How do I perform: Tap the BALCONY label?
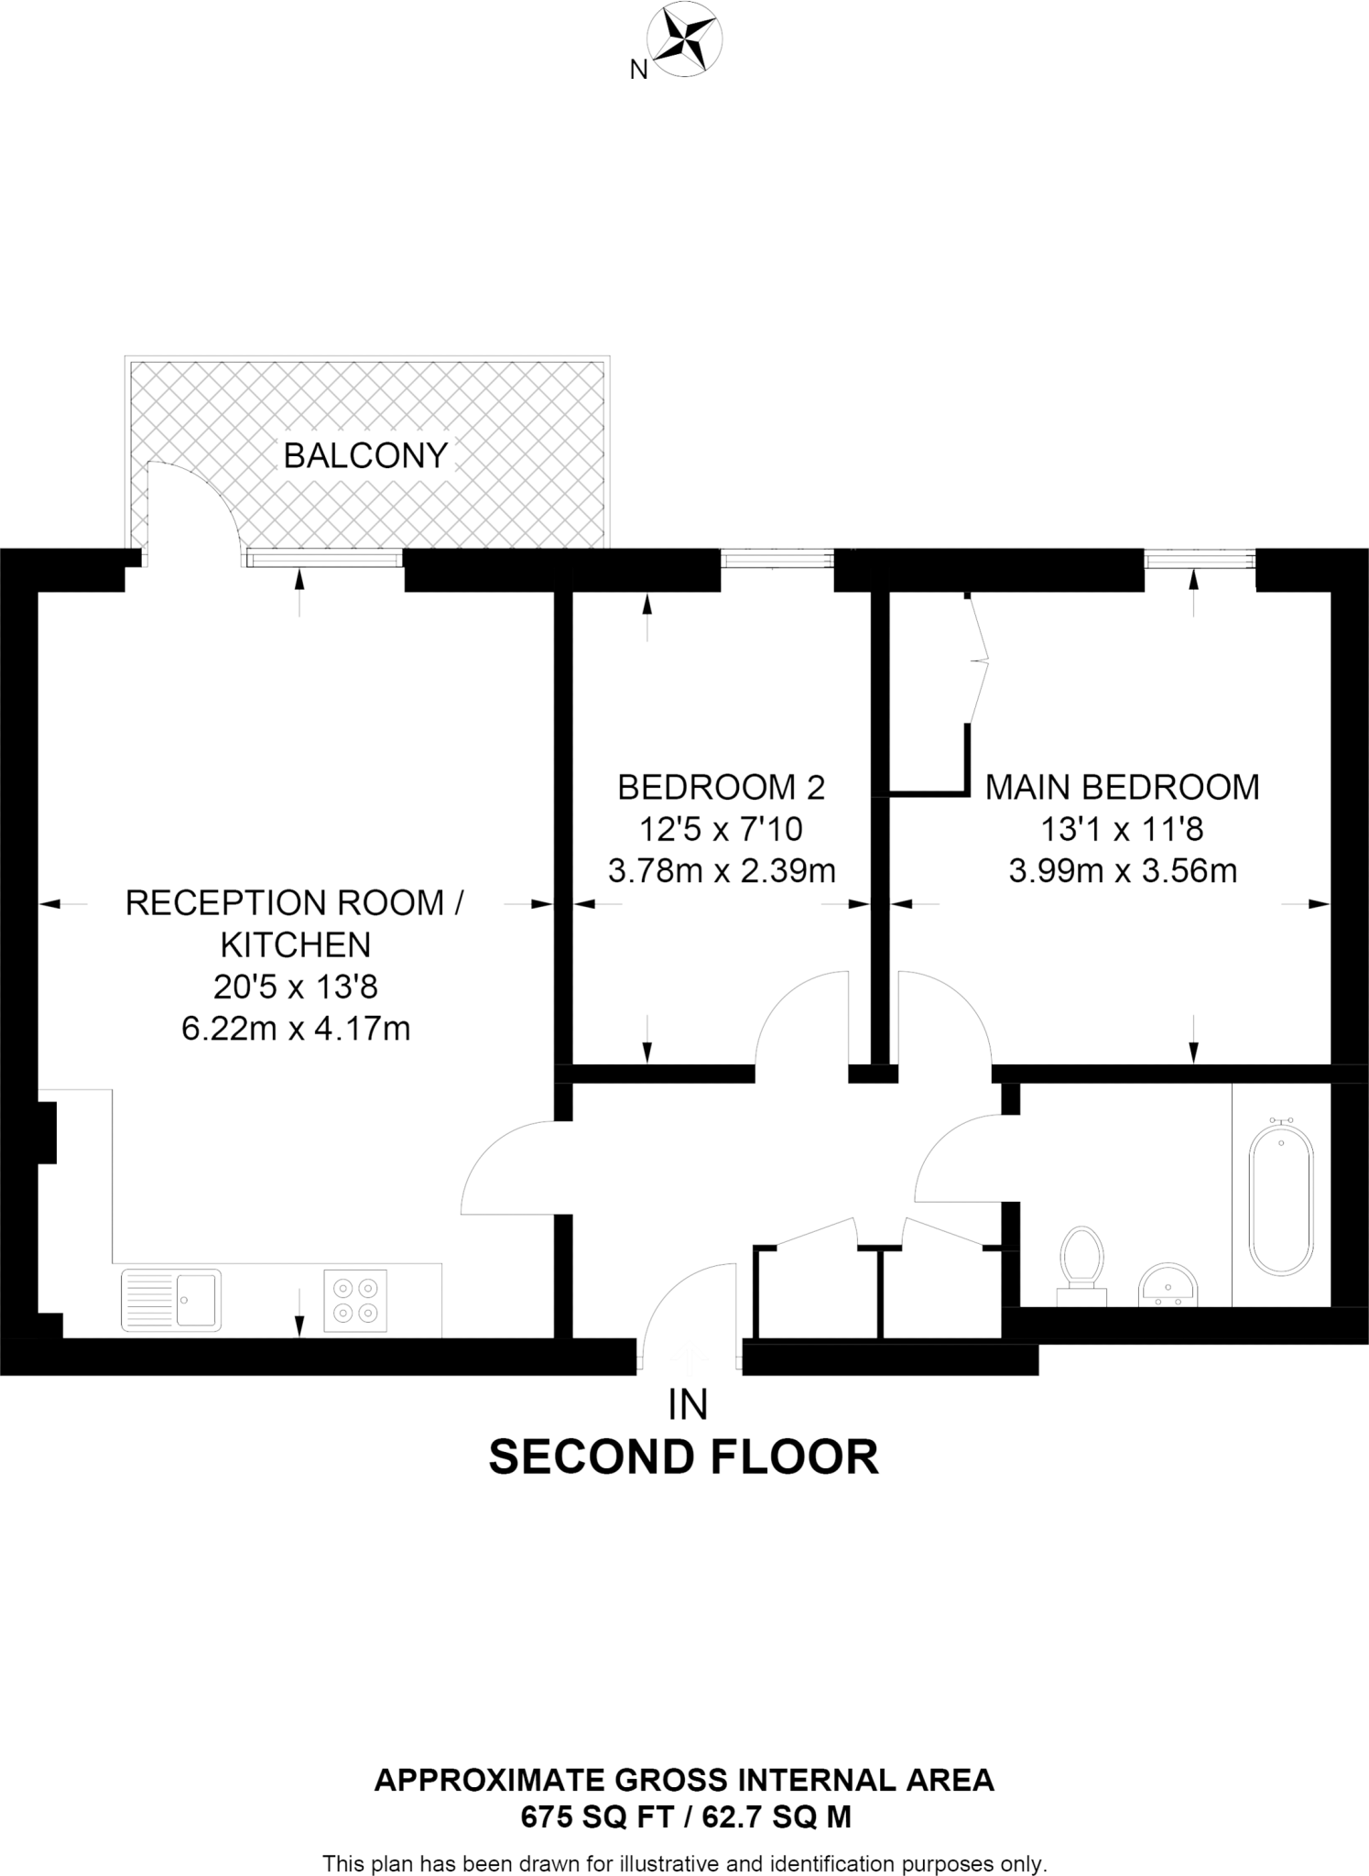[365, 455]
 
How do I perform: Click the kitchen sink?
[171, 1299]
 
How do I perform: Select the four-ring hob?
[355, 1300]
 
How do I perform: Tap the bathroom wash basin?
[1168, 1284]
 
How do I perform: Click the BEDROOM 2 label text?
[722, 787]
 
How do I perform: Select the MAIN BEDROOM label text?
[1122, 787]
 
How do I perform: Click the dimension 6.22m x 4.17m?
[296, 1029]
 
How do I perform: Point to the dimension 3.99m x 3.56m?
[1123, 870]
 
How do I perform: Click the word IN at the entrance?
[688, 1405]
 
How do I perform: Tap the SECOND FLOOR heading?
[684, 1457]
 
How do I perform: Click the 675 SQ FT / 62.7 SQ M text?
[686, 1816]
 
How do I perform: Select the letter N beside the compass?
[639, 70]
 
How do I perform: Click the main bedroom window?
[1200, 558]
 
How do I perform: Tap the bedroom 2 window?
[777, 558]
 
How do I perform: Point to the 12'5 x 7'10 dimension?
[721, 829]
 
